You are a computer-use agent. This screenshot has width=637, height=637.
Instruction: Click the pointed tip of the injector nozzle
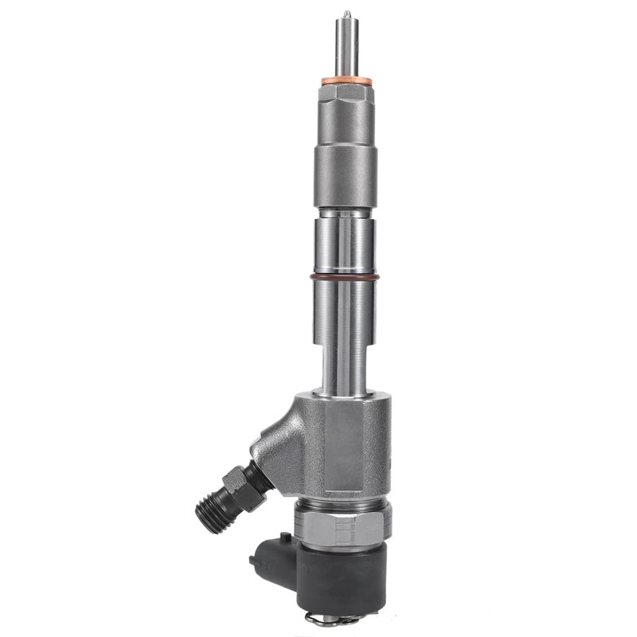(x=346, y=13)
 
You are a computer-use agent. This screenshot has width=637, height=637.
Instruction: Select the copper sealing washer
(x=345, y=81)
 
